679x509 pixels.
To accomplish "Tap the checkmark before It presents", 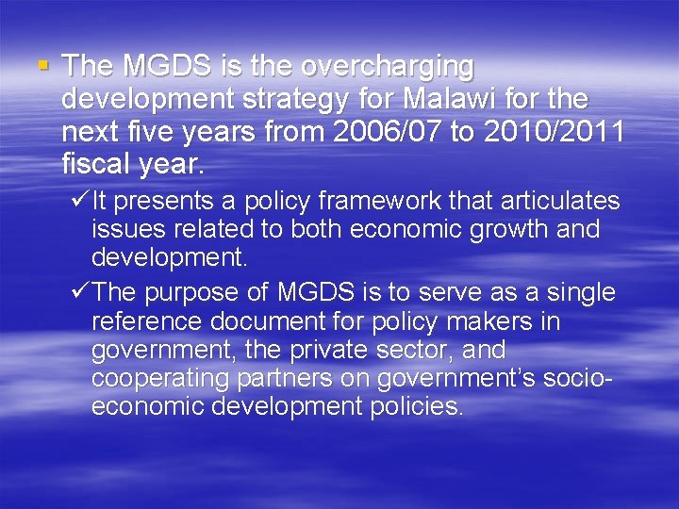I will (80, 201).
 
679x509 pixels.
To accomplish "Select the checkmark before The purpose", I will (80, 292).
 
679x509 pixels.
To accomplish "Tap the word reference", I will (146, 321).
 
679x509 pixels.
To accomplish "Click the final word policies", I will (416, 407).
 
